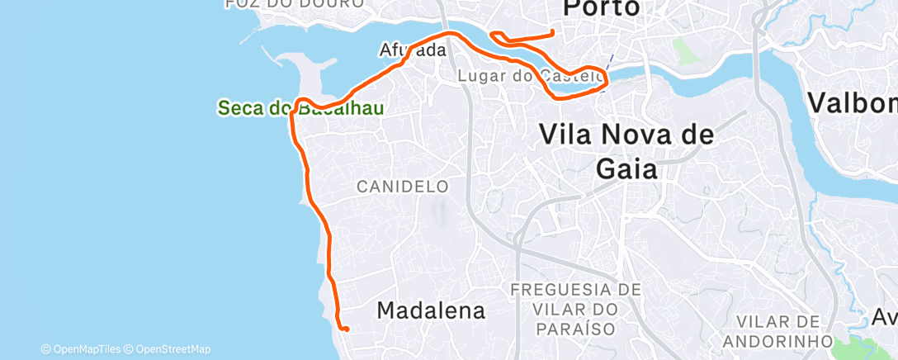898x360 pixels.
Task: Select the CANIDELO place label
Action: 402,187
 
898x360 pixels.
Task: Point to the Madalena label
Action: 431,310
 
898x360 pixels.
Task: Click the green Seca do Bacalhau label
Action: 300,108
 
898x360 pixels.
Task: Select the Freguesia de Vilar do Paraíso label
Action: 575,309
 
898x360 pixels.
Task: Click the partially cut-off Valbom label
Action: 853,103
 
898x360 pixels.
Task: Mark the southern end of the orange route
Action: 347,329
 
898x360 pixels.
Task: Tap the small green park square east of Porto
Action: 684,52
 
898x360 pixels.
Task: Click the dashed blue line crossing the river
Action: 608,63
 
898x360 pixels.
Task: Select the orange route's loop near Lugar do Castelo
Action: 588,78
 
